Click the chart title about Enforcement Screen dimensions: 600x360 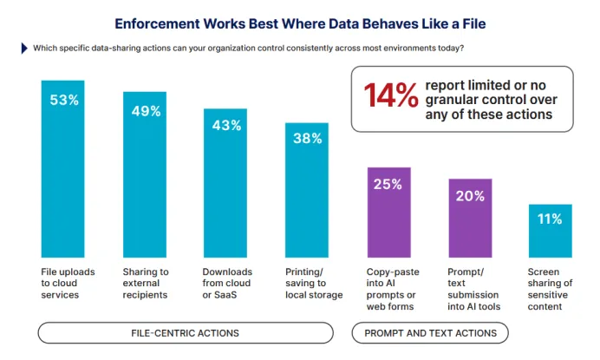(x=300, y=23)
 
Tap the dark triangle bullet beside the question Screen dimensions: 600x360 (x=24, y=49)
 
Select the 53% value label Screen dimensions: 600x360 (x=64, y=100)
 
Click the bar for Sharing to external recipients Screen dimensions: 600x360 (x=145, y=174)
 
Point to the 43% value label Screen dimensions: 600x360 (x=226, y=125)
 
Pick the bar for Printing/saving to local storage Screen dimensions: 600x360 (x=307, y=190)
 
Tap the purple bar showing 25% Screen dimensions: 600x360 (x=388, y=213)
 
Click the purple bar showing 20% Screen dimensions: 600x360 (x=470, y=218)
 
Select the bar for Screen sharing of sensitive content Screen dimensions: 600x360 (x=551, y=231)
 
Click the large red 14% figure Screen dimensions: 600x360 (x=391, y=95)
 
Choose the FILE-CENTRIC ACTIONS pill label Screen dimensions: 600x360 (x=186, y=333)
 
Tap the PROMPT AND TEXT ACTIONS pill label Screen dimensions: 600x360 (x=430, y=333)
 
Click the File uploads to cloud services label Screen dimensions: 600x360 (x=68, y=283)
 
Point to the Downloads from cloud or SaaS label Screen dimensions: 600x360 (x=227, y=283)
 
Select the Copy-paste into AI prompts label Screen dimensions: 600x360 (x=393, y=289)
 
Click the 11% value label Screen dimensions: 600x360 (x=550, y=219)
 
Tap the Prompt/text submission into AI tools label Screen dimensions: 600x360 (x=473, y=289)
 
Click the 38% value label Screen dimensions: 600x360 (x=307, y=138)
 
